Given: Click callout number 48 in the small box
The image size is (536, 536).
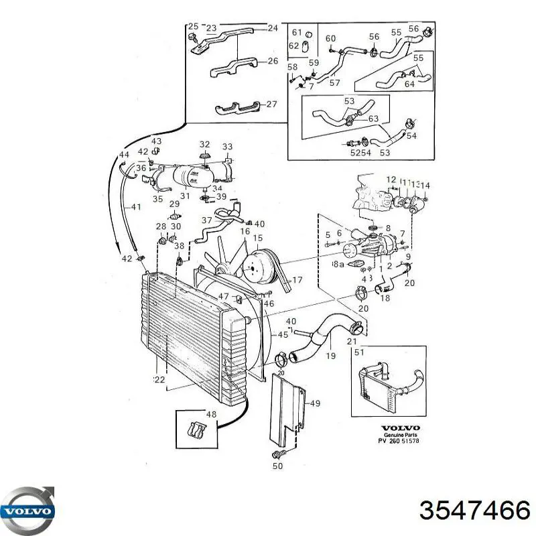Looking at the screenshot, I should tap(212, 415).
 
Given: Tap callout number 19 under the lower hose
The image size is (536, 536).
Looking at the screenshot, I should tap(330, 356).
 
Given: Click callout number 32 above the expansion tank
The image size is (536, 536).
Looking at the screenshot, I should tap(204, 144).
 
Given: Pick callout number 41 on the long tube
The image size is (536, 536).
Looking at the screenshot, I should tap(136, 208).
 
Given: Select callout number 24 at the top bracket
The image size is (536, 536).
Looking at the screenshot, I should tap(272, 28).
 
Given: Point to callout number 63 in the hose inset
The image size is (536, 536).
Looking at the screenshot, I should tap(374, 119).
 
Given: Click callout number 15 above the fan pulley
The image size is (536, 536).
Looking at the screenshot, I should tap(258, 238).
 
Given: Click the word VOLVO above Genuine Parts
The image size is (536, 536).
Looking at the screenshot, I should tap(399, 428).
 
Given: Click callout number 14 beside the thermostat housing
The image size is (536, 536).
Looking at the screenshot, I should tap(425, 186).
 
